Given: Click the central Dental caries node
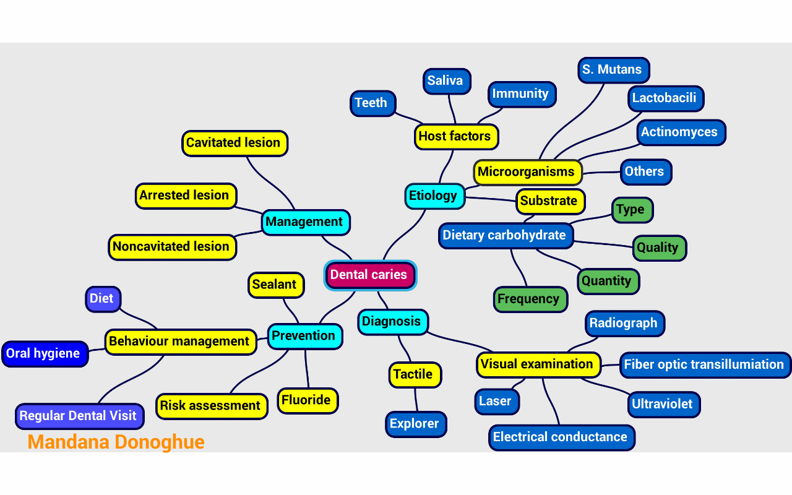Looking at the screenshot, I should [x=370, y=275].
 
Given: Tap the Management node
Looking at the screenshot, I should [x=305, y=222].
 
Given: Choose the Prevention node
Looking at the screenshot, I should [x=304, y=336].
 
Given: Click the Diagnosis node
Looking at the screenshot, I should [x=392, y=322].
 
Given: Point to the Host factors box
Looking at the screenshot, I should [x=455, y=136].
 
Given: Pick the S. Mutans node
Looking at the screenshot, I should [x=613, y=70].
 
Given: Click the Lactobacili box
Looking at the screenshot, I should [x=665, y=98].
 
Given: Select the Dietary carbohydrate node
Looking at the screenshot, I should [x=505, y=236].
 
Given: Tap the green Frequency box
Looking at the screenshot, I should [x=530, y=299].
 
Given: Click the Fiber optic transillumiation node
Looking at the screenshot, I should [x=704, y=364].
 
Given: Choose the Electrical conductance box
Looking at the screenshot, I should [x=561, y=437].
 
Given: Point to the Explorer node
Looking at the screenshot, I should [x=415, y=424].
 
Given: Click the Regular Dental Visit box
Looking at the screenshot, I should [x=79, y=416].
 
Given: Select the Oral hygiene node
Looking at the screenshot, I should [x=44, y=354].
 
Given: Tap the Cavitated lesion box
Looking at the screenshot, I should [x=234, y=143].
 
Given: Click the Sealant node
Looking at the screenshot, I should [x=275, y=285].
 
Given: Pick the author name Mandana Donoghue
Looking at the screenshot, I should [x=116, y=442].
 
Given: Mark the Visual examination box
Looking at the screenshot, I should [x=538, y=364].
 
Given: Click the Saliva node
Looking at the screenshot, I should [x=446, y=81].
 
